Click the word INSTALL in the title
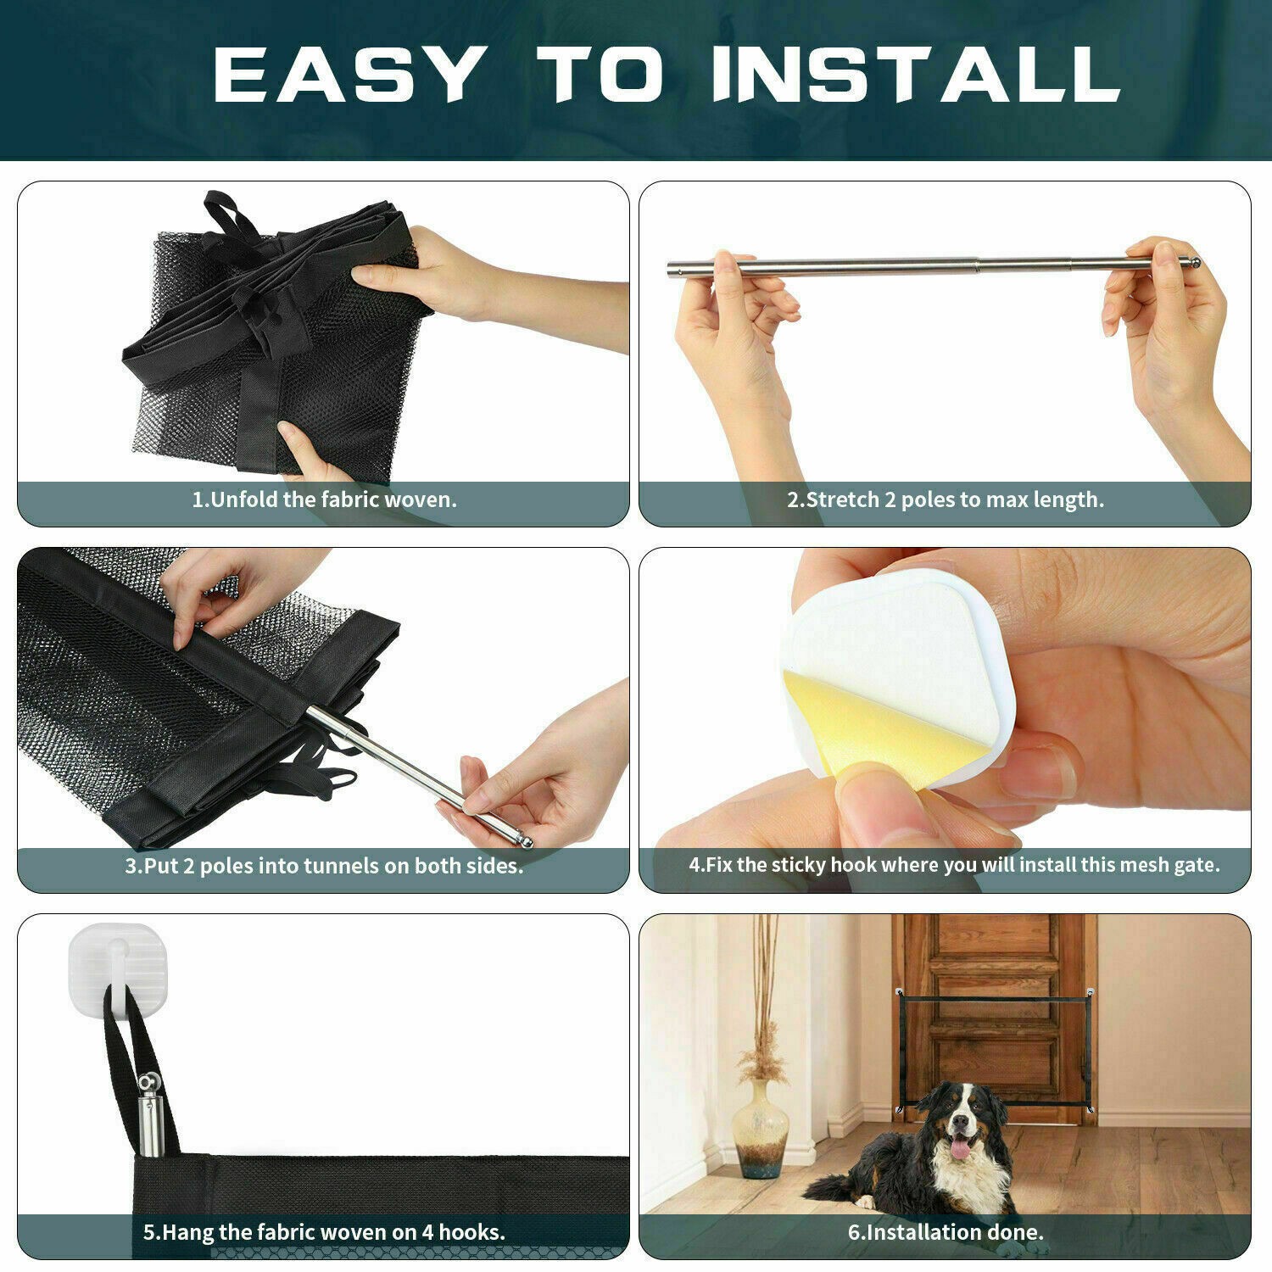(916, 74)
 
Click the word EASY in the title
(347, 74)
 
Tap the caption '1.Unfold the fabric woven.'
(324, 499)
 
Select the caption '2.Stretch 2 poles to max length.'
(946, 499)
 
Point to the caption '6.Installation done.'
(946, 1232)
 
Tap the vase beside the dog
(761, 1128)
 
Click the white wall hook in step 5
(115, 967)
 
